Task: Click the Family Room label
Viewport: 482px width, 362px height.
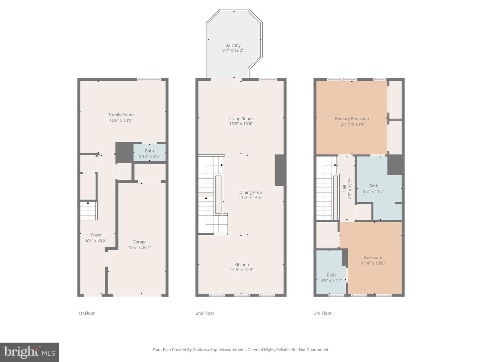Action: click(x=121, y=115)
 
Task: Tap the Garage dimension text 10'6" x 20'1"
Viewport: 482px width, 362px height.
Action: click(x=140, y=247)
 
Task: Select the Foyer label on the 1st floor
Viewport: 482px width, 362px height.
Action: click(x=96, y=235)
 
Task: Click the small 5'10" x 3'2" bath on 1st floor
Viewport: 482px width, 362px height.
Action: click(x=149, y=153)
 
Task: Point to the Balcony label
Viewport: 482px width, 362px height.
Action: click(x=233, y=45)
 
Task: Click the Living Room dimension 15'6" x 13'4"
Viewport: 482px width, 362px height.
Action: click(x=241, y=124)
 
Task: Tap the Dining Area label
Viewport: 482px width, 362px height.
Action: click(x=250, y=192)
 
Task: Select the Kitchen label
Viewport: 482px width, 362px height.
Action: click(x=242, y=265)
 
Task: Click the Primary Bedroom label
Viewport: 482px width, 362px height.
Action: click(x=352, y=119)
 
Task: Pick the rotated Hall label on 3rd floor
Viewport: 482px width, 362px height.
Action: click(x=344, y=189)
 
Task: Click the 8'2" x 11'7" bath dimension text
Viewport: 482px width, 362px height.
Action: click(x=374, y=191)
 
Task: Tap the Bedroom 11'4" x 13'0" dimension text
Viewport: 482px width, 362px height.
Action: click(x=373, y=263)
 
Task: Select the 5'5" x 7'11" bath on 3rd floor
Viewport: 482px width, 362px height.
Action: click(x=331, y=271)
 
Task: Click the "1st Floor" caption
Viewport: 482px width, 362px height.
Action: click(x=86, y=313)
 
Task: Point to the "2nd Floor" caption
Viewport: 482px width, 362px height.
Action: click(x=205, y=313)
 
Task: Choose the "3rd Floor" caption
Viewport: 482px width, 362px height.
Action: click(x=323, y=313)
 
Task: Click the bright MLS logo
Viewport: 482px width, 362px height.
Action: click(x=29, y=352)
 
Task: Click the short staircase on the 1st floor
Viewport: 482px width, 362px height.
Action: click(x=89, y=211)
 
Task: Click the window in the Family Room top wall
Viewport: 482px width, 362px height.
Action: click(x=149, y=79)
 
